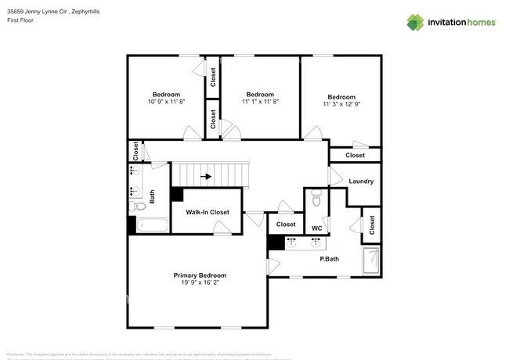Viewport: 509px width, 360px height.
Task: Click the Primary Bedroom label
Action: click(200, 275)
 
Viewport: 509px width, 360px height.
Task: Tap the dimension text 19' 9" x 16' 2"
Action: click(200, 283)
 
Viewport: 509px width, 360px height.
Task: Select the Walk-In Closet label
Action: click(207, 212)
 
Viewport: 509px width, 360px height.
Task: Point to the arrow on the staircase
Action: click(207, 177)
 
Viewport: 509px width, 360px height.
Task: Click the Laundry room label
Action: click(361, 182)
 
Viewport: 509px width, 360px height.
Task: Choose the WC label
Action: click(316, 229)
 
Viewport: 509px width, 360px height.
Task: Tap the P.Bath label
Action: click(329, 258)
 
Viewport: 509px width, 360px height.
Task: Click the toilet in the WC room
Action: click(316, 200)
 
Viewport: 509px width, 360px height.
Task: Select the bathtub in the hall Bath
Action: click(151, 226)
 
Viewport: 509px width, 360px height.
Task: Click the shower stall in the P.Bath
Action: click(371, 261)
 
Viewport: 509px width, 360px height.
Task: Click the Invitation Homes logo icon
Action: click(417, 22)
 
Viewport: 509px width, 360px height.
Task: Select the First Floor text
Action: click(20, 20)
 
